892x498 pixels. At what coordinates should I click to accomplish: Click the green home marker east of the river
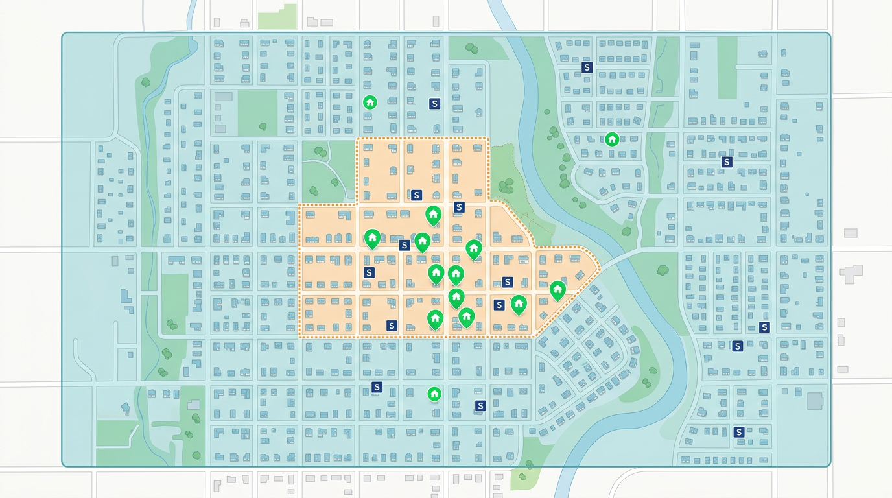pyautogui.click(x=611, y=139)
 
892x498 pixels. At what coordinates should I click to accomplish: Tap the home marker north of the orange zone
pyautogui.click(x=370, y=102)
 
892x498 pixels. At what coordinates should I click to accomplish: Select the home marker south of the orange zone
pyautogui.click(x=434, y=394)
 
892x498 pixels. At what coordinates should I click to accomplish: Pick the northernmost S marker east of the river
pyautogui.click(x=587, y=67)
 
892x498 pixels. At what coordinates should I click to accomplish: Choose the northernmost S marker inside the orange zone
pyautogui.click(x=416, y=195)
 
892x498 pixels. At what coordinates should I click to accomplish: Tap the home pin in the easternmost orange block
pyautogui.click(x=557, y=289)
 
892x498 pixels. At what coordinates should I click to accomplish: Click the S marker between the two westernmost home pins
pyautogui.click(x=405, y=245)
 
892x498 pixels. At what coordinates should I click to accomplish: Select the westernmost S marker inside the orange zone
pyautogui.click(x=370, y=272)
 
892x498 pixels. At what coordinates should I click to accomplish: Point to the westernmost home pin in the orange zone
pyautogui.click(x=372, y=238)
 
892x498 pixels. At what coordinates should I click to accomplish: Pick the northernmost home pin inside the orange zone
pyautogui.click(x=433, y=214)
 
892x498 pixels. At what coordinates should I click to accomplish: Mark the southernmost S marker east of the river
pyautogui.click(x=738, y=432)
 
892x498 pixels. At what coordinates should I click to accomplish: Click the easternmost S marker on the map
pyautogui.click(x=764, y=327)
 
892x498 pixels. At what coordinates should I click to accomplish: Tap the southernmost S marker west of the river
pyautogui.click(x=480, y=406)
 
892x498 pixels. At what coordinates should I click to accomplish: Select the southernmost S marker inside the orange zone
pyautogui.click(x=392, y=326)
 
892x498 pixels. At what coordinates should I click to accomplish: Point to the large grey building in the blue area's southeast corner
pyautogui.click(x=815, y=400)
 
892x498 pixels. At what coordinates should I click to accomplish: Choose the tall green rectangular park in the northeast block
pyautogui.click(x=727, y=67)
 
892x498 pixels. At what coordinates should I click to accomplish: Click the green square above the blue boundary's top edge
pyautogui.click(x=277, y=17)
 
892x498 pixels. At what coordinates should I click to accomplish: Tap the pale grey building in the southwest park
pyautogui.click(x=194, y=405)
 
